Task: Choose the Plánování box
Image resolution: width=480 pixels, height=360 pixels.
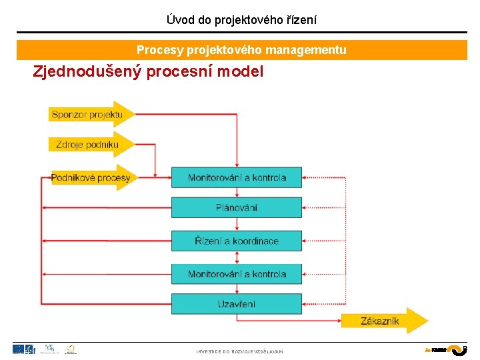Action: [x=237, y=207]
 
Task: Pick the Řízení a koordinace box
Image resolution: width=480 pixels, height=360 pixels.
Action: [x=237, y=241]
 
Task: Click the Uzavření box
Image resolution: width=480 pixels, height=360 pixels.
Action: [x=237, y=304]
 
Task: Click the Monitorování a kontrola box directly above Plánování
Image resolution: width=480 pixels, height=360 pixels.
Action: [x=237, y=177]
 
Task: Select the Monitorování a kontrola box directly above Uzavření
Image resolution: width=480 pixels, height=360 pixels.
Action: [x=237, y=274]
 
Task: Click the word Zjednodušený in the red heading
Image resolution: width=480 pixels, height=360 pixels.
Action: [x=87, y=71]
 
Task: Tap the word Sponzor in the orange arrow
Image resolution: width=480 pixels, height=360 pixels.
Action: [x=70, y=115]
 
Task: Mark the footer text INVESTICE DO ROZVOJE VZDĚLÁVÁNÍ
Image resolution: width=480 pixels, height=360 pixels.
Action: [x=239, y=351]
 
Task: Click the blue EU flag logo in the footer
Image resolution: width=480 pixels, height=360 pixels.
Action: [x=19, y=349]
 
